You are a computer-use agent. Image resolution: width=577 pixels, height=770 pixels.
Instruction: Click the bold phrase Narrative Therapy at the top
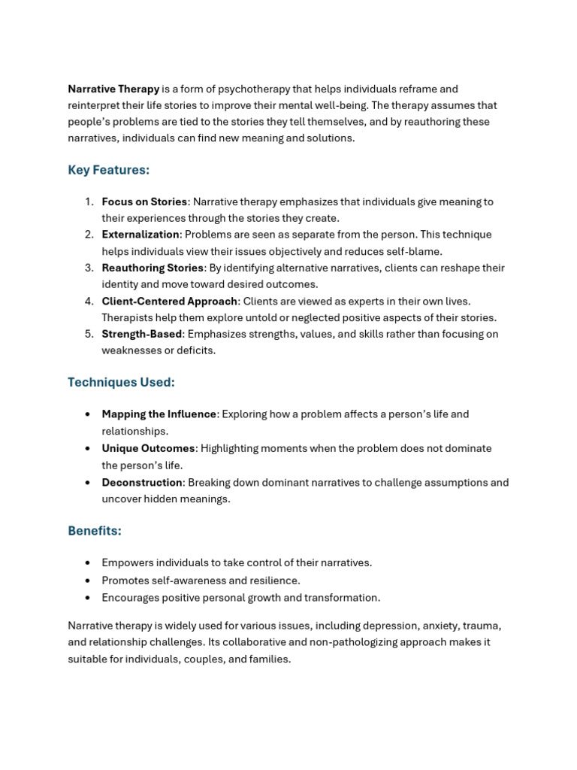[x=113, y=89]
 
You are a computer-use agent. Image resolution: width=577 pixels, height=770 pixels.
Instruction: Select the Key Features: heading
[x=108, y=170]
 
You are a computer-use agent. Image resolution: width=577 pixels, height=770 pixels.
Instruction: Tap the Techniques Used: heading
[x=121, y=382]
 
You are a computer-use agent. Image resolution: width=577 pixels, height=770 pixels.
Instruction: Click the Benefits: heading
[x=95, y=531]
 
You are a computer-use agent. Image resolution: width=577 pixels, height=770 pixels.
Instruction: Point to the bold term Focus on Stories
[x=144, y=202]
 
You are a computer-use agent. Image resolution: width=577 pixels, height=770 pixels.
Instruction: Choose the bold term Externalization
[x=140, y=235]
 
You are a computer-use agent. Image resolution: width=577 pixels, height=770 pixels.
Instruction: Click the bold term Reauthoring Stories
[x=153, y=268]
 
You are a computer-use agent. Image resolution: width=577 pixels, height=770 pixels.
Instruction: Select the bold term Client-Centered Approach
[x=170, y=301]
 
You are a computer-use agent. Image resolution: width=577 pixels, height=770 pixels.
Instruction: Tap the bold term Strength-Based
[x=142, y=334]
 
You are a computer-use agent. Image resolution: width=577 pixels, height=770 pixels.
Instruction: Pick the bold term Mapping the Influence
[x=159, y=414]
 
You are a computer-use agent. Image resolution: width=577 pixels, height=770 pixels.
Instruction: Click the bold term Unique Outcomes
[x=148, y=448]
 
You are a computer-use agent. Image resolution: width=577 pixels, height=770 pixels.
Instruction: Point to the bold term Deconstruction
[x=142, y=483]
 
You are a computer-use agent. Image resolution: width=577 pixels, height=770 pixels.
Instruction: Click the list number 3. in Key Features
[x=89, y=268]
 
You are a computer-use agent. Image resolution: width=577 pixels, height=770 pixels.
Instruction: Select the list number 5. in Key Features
[x=89, y=334]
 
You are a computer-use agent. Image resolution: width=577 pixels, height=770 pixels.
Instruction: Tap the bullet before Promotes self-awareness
[x=88, y=581]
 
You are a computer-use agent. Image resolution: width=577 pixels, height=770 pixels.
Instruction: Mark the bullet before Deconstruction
[x=88, y=483]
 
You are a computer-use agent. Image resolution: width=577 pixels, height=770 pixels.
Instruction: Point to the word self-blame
[x=417, y=251]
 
